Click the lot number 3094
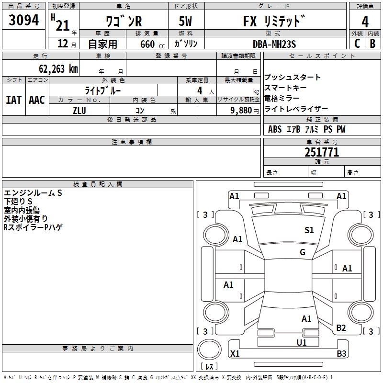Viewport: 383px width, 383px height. [x=23, y=21]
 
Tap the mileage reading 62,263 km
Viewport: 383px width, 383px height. [x=53, y=68]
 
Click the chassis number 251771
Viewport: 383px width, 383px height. [x=322, y=152]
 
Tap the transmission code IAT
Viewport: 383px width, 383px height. [x=13, y=100]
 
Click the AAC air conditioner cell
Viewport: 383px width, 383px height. [x=37, y=100]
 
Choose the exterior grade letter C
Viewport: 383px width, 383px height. [x=357, y=44]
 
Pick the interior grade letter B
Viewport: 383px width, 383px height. [x=373, y=44]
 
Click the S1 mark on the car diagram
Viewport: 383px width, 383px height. [x=309, y=230]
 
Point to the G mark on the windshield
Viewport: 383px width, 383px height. [x=303, y=252]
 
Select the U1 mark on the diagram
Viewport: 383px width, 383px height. [x=302, y=342]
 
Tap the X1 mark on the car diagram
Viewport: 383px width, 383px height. [x=235, y=354]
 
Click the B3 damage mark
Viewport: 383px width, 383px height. [x=341, y=354]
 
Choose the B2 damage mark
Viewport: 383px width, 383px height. [x=341, y=327]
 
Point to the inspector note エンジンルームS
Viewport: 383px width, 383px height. [x=33, y=193]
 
